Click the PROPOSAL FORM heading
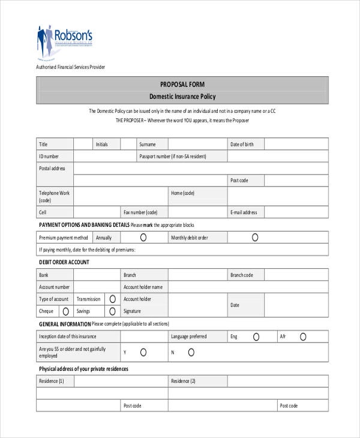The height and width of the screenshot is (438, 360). (x=182, y=85)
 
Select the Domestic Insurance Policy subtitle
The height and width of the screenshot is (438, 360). (x=182, y=97)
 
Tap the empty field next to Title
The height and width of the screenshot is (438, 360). (x=82, y=144)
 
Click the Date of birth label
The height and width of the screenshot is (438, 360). (x=242, y=145)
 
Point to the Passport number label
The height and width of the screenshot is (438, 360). (x=172, y=156)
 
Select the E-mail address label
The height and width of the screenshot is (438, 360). (x=243, y=212)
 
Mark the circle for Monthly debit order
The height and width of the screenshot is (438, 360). (x=255, y=238)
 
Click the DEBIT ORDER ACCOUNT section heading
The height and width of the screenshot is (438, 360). (x=64, y=262)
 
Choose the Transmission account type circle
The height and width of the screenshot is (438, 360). (x=112, y=299)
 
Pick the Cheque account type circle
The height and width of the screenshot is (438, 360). (x=65, y=311)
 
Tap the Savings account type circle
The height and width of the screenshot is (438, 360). (x=112, y=311)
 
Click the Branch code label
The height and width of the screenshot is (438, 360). (x=242, y=275)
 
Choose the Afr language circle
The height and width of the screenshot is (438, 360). (x=303, y=337)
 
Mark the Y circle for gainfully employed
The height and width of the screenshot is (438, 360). (x=143, y=352)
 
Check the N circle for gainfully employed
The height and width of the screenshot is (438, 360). (x=191, y=352)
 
